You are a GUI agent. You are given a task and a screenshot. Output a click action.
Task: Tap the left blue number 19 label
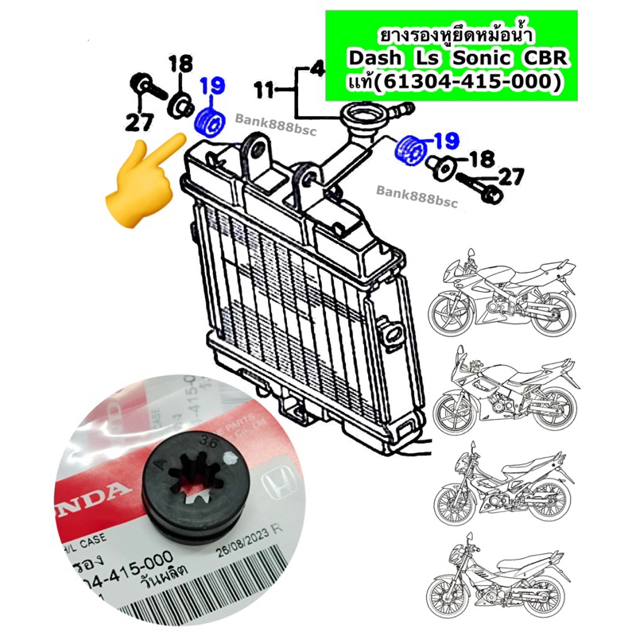(x=212, y=87)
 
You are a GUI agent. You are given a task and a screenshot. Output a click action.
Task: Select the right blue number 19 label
(x=446, y=142)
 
